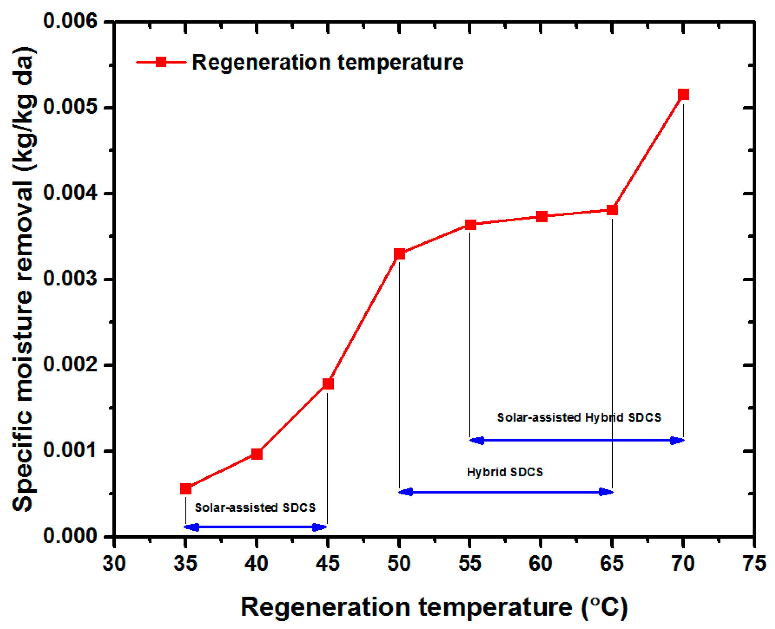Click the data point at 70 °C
click(x=683, y=94)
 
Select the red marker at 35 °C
click(x=185, y=489)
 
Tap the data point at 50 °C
click(x=399, y=254)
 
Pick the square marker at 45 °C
click(x=328, y=383)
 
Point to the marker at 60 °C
click(x=541, y=217)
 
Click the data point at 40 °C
click(x=257, y=453)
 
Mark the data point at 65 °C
click(x=612, y=210)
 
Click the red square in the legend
click(x=161, y=62)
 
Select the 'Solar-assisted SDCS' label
click(x=255, y=508)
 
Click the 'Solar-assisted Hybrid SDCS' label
click(x=579, y=417)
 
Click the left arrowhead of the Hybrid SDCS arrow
click(x=406, y=492)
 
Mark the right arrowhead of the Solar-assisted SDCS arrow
click(x=320, y=527)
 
